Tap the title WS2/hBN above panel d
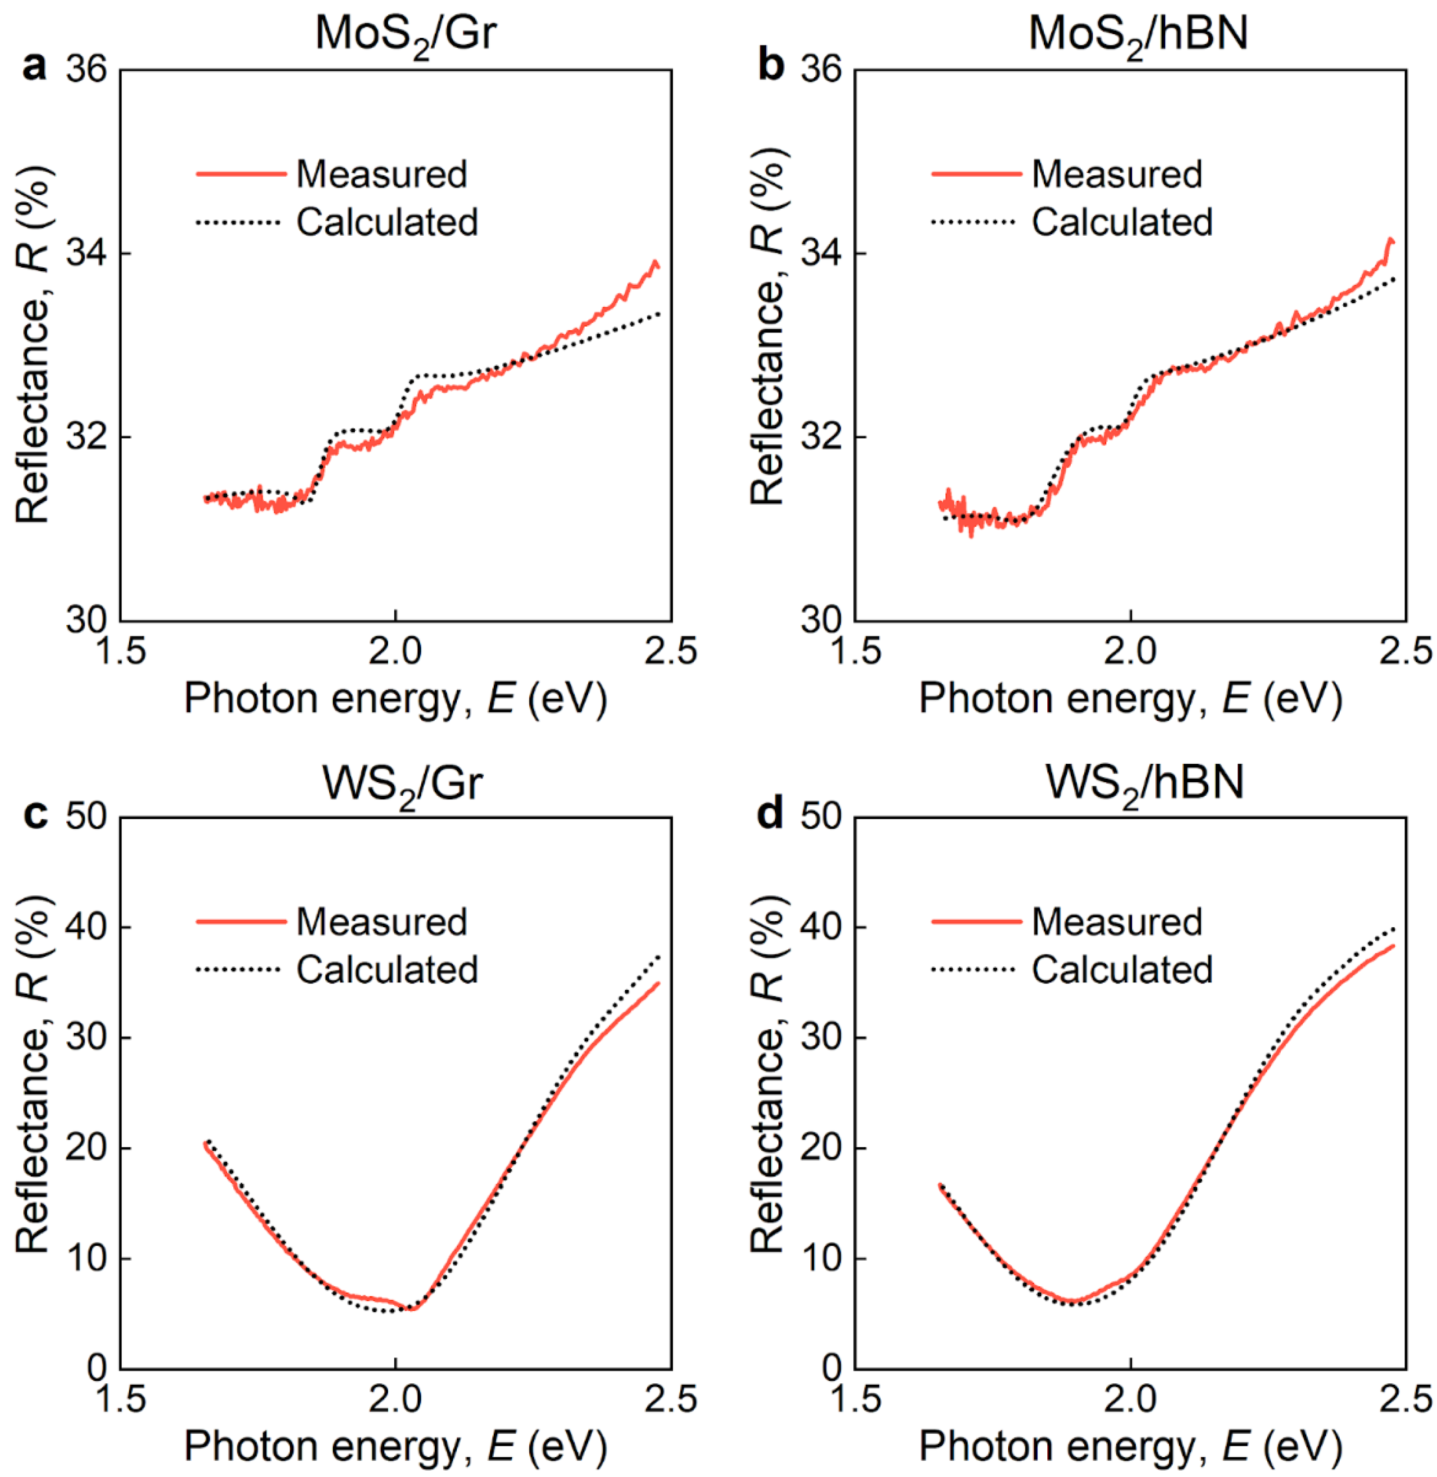point(1144,783)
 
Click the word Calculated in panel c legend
point(387,970)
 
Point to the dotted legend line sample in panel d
point(973,970)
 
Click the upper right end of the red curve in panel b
point(1392,241)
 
